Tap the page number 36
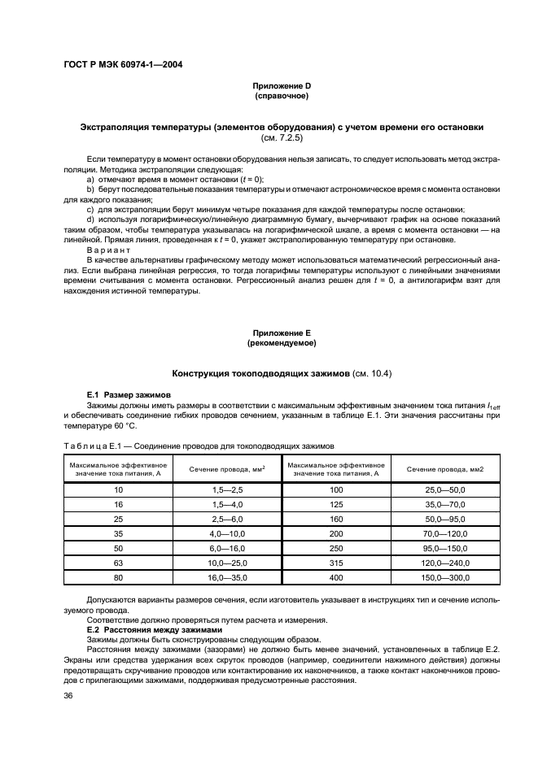69,695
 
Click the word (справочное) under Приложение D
282,96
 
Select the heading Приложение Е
282,333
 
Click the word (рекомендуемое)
282,343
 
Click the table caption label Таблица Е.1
94,446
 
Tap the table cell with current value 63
118,562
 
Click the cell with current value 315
336,562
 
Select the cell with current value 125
336,504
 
